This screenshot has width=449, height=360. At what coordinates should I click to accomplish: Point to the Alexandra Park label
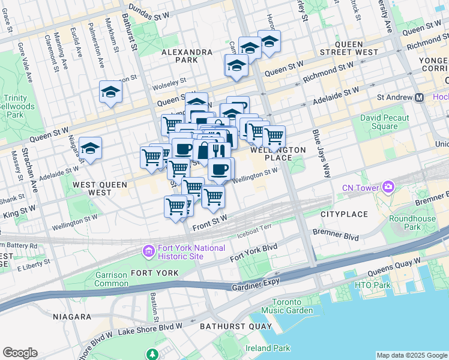coord(186,56)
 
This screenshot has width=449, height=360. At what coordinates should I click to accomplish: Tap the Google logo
coord(20,353)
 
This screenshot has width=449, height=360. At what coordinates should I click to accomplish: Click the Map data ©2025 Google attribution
coord(411,355)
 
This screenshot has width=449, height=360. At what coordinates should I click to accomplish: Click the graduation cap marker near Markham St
coord(110,92)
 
